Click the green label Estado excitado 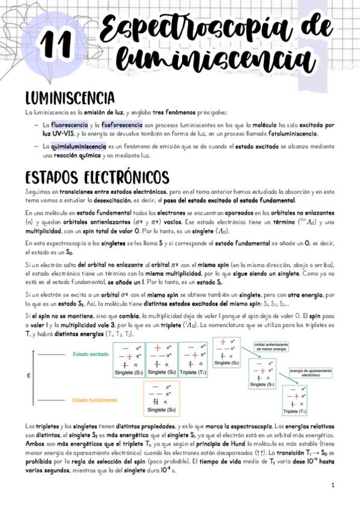coord(91,354)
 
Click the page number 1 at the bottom coord(332,484)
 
